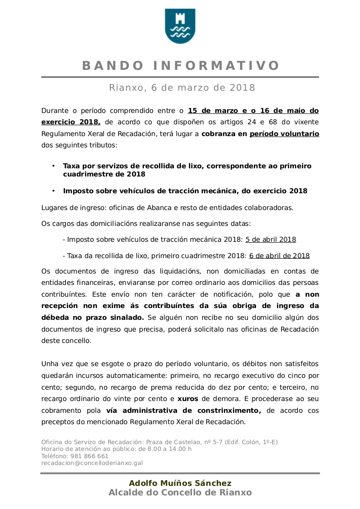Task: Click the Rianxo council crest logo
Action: coord(180,26)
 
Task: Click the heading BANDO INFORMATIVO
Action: coord(180,66)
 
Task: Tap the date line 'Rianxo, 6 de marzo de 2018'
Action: coord(182,88)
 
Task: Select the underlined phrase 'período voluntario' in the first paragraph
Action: coord(284,134)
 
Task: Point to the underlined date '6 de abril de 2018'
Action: coord(279,256)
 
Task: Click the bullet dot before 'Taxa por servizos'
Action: coord(54,166)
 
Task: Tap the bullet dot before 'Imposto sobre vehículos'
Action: coord(54,191)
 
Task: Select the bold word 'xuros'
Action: coord(187,399)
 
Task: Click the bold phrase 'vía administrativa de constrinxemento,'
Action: coord(183,411)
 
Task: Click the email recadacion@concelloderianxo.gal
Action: coord(92,463)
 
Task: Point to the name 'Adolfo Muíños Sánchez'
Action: coord(180,483)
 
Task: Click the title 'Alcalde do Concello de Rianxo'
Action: coord(180,493)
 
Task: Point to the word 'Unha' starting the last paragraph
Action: coord(50,364)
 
